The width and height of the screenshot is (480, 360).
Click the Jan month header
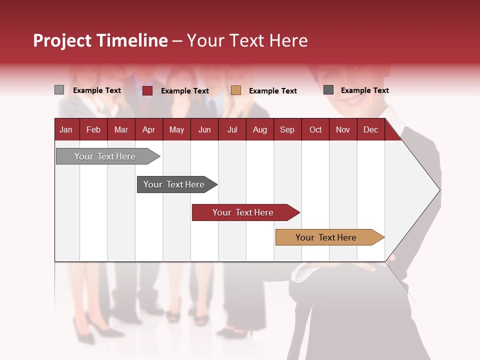66,129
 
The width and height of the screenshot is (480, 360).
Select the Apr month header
148,129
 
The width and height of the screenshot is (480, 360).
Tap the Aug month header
259,129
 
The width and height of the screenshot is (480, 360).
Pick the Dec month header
370,129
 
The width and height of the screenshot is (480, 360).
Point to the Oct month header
315,129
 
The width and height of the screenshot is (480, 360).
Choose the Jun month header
204,129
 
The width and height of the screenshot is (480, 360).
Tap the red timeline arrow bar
243,212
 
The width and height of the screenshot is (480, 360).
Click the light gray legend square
59,90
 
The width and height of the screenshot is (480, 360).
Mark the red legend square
147,90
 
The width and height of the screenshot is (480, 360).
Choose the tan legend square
236,90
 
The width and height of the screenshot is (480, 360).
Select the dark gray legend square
328,89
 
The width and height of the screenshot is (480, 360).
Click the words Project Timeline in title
100,40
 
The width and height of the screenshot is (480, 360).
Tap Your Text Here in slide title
247,40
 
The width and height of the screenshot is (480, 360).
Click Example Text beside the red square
184,91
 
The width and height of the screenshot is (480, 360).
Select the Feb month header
93,129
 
